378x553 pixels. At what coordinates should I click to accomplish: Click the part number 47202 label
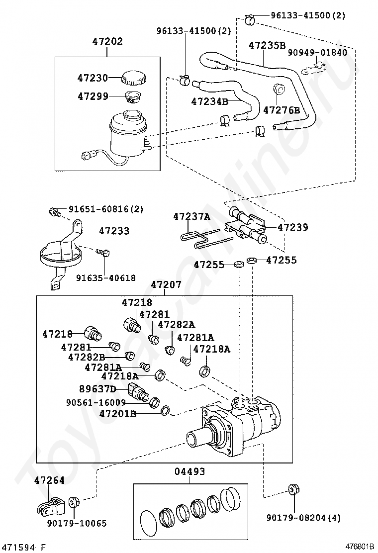(x=107, y=42)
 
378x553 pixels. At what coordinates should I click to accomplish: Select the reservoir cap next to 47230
(x=134, y=78)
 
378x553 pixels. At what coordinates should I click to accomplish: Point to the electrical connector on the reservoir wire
(x=88, y=155)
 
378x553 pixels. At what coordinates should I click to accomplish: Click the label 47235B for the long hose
(x=267, y=45)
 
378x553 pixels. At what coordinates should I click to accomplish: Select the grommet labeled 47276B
(x=279, y=89)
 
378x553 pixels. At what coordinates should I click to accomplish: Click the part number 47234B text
(x=210, y=101)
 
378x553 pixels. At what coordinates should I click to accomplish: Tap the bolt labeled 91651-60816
(x=55, y=212)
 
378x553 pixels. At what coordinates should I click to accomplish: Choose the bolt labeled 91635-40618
(x=103, y=253)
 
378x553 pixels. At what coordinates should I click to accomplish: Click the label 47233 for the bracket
(x=114, y=231)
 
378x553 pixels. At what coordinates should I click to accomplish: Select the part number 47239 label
(x=292, y=227)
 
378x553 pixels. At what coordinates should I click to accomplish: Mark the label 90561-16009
(x=96, y=402)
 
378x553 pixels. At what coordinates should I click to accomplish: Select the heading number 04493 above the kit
(x=189, y=471)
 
